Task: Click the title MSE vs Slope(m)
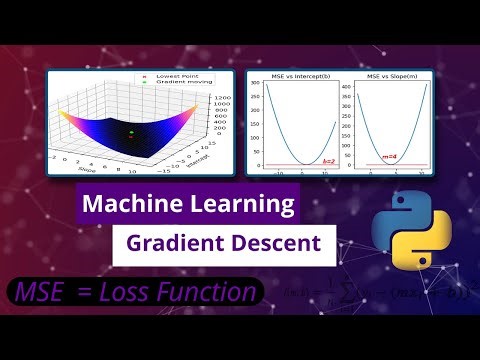(392, 76)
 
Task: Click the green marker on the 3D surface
(130, 131)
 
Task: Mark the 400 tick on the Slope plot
(351, 85)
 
